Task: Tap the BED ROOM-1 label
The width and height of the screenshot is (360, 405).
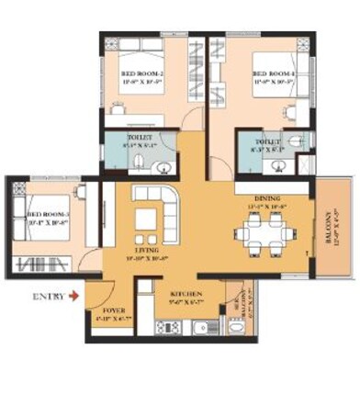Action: click(272, 74)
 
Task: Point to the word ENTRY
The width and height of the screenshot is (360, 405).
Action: click(48, 296)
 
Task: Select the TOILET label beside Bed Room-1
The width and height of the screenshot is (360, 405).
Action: click(268, 142)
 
